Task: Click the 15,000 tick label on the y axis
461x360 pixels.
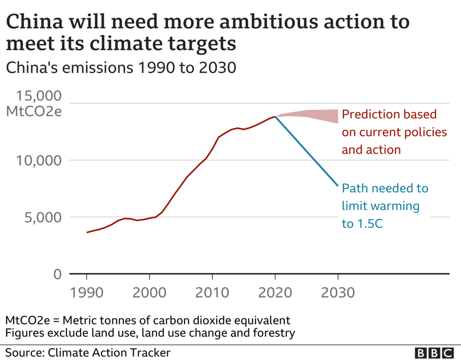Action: (x=39, y=96)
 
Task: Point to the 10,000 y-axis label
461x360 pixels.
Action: (x=39, y=160)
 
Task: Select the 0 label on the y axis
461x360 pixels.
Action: (x=57, y=274)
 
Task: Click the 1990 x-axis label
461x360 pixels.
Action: (x=87, y=292)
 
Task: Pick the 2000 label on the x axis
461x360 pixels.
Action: (x=149, y=292)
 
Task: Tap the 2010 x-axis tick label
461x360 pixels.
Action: (x=212, y=292)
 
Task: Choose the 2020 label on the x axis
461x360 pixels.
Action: (x=275, y=292)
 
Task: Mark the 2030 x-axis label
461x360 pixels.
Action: (x=338, y=292)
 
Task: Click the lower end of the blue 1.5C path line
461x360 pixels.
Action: (x=338, y=186)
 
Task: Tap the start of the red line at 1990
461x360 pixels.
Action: (x=87, y=232)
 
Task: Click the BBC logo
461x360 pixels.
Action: (x=433, y=353)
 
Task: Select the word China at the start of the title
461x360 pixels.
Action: (x=33, y=22)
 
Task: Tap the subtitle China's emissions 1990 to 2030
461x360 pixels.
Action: (x=120, y=68)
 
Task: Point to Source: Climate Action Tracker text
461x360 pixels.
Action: (x=88, y=352)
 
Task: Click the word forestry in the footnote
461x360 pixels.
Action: (x=274, y=333)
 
